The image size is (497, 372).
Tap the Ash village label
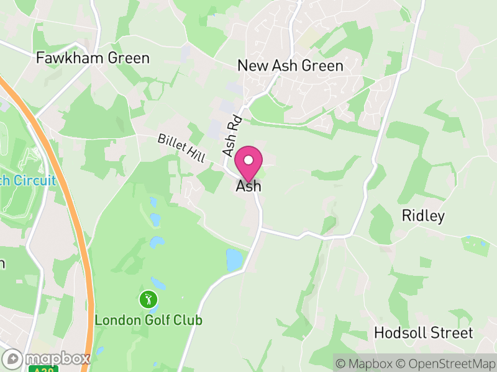coord(248,186)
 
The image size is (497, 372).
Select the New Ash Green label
coord(291,66)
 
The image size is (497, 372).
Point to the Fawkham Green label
coord(93,58)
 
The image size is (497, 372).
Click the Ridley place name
coord(423,216)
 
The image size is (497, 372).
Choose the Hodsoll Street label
coord(423,333)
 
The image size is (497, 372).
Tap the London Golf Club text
coord(148,321)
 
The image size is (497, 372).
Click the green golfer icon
coord(148,300)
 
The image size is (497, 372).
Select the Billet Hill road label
coord(181,148)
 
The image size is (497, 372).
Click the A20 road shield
coord(37,369)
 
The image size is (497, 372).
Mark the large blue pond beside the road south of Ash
coord(234,260)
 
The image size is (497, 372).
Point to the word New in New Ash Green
coord(252,66)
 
